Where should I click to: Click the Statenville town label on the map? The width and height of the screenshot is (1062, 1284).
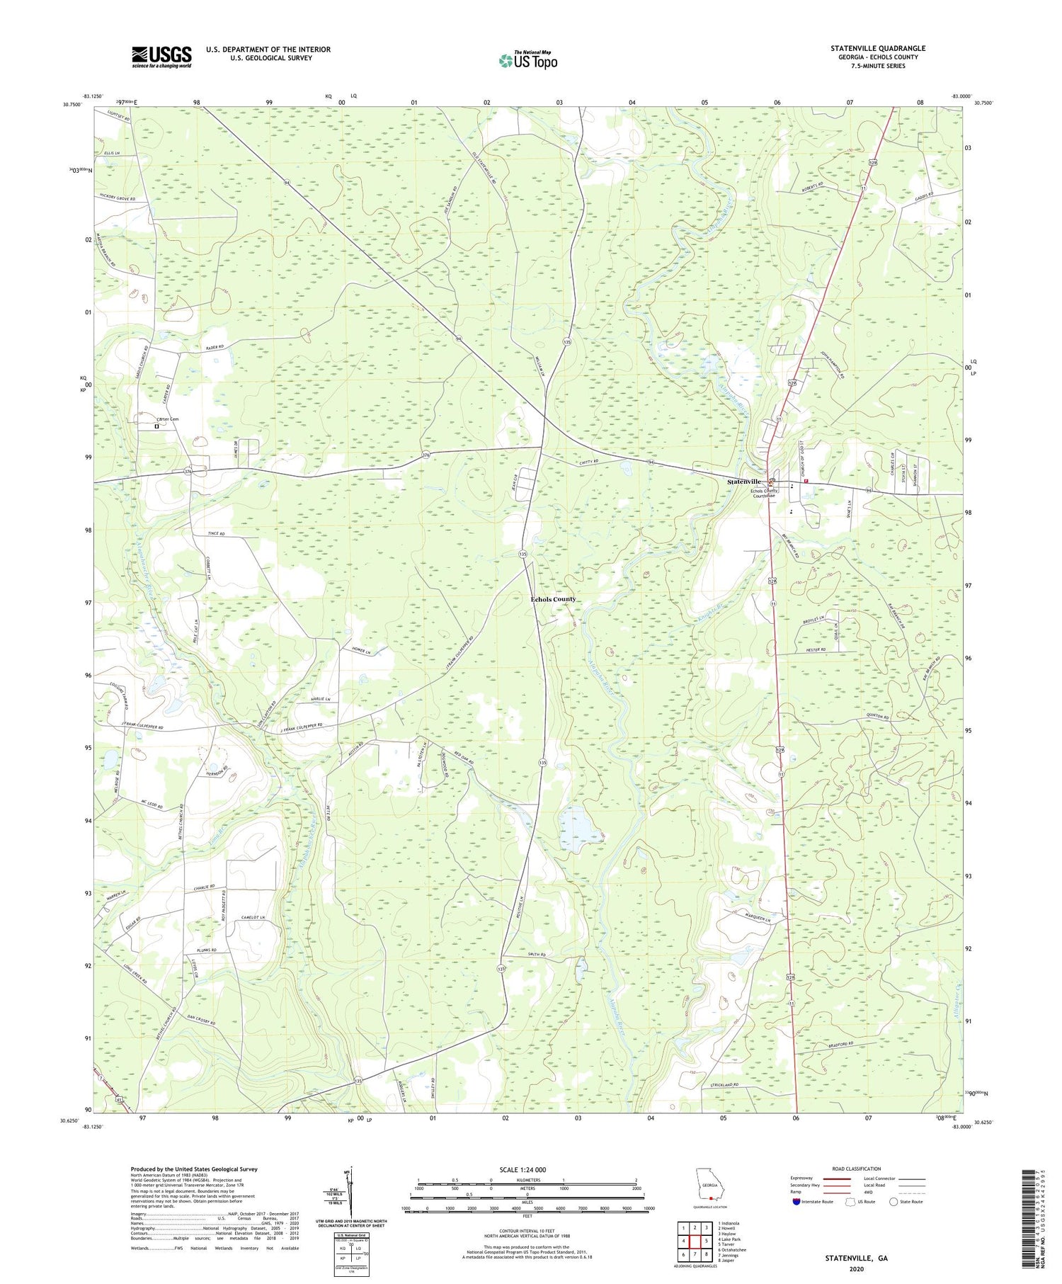[x=743, y=482]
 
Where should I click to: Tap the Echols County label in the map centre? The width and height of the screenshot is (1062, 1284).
[x=554, y=599]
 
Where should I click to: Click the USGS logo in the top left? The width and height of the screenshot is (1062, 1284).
[x=161, y=57]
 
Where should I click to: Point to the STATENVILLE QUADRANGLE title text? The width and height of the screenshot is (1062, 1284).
[x=878, y=48]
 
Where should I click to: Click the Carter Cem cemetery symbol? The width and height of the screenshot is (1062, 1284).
[x=157, y=427]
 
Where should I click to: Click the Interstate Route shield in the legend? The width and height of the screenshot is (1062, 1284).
[x=797, y=1202]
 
